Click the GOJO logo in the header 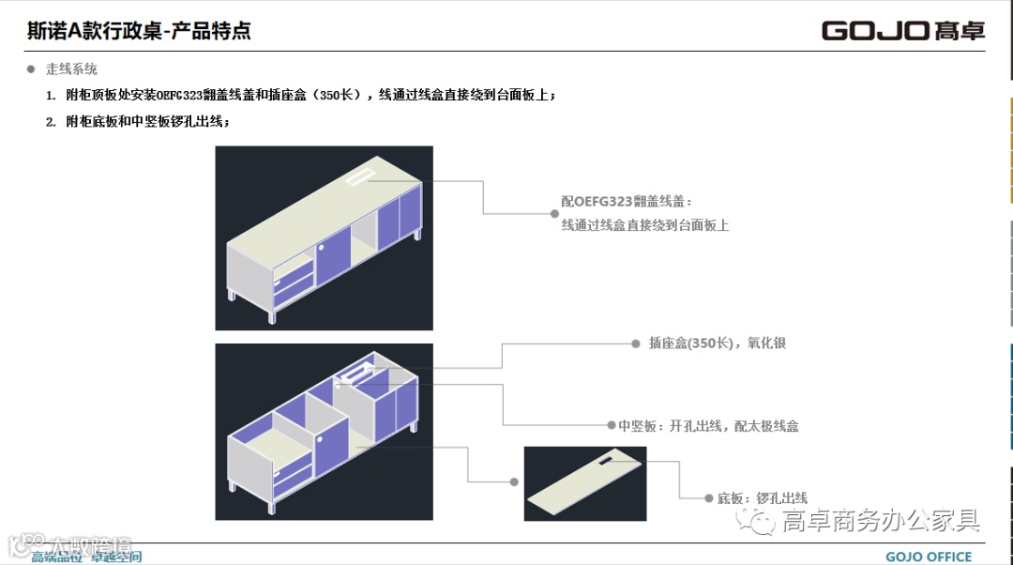coord(903,31)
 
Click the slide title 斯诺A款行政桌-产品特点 coord(139,31)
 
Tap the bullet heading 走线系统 coord(71,69)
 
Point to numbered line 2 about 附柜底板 coord(147,122)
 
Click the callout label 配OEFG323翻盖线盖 coord(626,202)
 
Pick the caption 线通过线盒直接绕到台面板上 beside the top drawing coord(645,225)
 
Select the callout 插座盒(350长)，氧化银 coord(718,344)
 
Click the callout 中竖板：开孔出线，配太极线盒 coord(708,426)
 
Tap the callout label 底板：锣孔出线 coord(763,498)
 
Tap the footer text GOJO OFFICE coord(929,557)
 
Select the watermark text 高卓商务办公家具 coord(881,520)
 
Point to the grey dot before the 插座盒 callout coord(635,344)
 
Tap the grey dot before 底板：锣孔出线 coord(709,498)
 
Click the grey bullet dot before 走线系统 coord(31,69)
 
